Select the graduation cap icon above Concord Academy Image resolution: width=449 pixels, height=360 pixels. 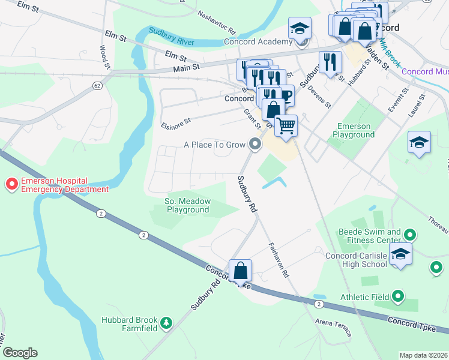(x=299, y=28)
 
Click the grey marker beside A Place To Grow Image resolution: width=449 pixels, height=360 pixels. (x=256, y=144)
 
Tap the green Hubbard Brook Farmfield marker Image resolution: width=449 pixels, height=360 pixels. (x=166, y=324)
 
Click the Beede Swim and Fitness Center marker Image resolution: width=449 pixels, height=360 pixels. (x=410, y=235)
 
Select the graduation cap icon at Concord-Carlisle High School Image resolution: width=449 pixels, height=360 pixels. (x=400, y=253)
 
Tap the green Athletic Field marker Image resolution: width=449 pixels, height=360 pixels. (x=397, y=296)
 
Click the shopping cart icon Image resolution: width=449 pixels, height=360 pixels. (x=286, y=126)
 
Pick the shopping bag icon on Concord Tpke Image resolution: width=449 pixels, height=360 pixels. (x=240, y=271)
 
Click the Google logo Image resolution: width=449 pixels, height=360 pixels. (x=19, y=353)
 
